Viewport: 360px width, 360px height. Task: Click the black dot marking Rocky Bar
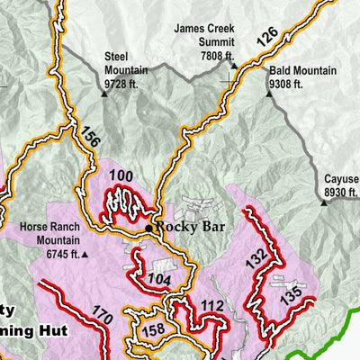tap(149, 229)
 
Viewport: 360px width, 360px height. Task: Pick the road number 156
tap(90, 135)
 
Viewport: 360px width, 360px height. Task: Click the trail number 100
tap(120, 175)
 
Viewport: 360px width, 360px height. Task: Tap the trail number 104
tap(157, 281)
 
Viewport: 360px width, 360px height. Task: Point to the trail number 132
tap(256, 256)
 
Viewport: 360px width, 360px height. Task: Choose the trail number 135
tap(290, 295)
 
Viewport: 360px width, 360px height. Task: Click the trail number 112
tap(212, 308)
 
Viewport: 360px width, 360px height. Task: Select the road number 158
tap(154, 330)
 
